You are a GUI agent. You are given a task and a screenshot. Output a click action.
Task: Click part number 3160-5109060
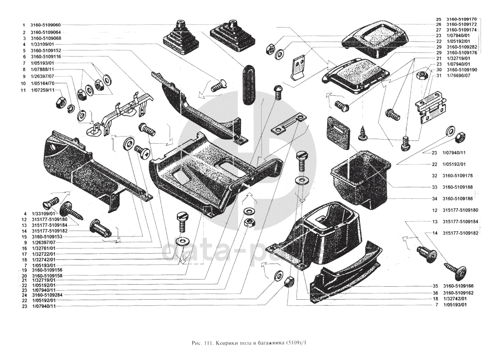[47, 24]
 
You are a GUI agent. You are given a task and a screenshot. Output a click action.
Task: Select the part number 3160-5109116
[47, 56]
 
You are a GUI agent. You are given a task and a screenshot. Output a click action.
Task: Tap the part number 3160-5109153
[47, 236]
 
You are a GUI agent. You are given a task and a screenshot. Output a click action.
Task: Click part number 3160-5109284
[47, 295]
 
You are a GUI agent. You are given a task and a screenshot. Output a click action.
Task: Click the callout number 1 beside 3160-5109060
[23, 24]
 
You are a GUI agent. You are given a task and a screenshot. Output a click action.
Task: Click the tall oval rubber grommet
[248, 85]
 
